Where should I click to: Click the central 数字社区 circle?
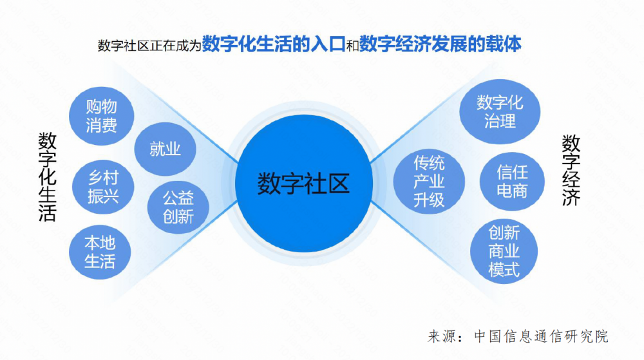pyautogui.click(x=304, y=184)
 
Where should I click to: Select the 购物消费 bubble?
pyautogui.click(x=102, y=116)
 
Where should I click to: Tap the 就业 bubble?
pyautogui.click(x=165, y=149)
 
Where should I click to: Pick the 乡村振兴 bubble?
pyautogui.click(x=103, y=187)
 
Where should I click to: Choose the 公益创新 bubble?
pyautogui.click(x=178, y=207)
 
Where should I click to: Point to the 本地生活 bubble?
pyautogui.click(x=100, y=252)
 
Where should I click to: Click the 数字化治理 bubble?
pyautogui.click(x=500, y=111)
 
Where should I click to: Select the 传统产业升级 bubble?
pyautogui.click(x=429, y=182)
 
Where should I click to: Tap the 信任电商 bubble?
pyautogui.click(x=512, y=182)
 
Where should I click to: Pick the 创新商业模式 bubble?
pyautogui.click(x=504, y=251)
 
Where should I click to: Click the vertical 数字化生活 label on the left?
pyautogui.click(x=47, y=177)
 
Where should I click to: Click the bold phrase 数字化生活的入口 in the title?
pyautogui.click(x=274, y=44)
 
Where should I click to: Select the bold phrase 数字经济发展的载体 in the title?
pyautogui.click(x=440, y=44)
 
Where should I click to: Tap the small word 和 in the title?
pyautogui.click(x=352, y=46)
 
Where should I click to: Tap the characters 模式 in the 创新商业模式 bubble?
pyautogui.click(x=504, y=270)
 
